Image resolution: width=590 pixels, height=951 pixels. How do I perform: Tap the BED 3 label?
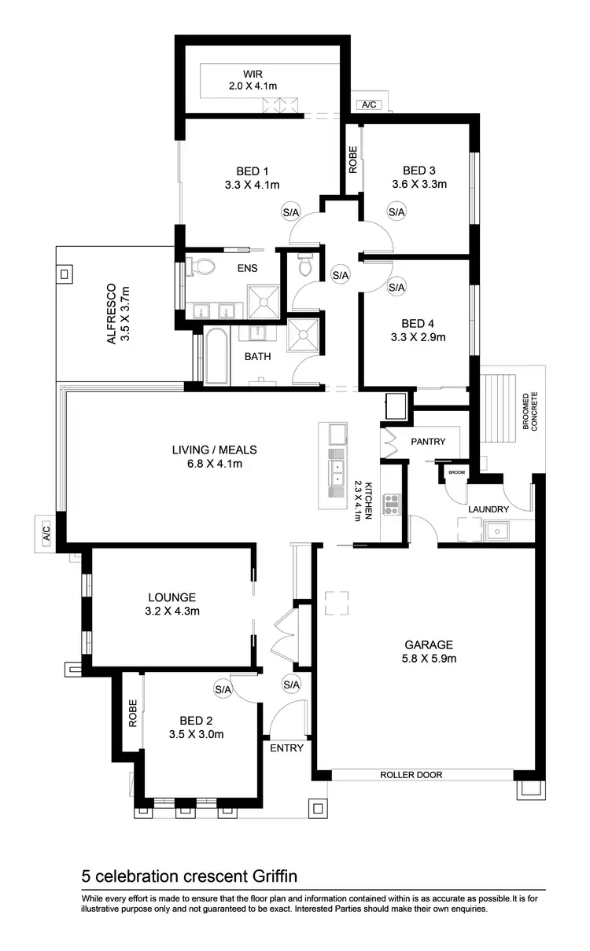[x=419, y=171]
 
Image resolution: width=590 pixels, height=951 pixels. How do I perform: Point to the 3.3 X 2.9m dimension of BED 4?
[x=418, y=337]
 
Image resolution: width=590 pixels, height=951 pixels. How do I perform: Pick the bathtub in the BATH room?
[x=216, y=357]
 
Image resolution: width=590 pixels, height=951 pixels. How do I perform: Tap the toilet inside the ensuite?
[x=204, y=266]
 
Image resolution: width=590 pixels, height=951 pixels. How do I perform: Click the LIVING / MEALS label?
[x=215, y=450]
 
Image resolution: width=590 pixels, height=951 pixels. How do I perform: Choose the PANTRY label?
[x=428, y=442]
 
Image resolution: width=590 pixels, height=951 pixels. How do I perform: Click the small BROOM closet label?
[x=455, y=472]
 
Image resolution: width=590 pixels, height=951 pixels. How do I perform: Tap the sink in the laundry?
[x=496, y=532]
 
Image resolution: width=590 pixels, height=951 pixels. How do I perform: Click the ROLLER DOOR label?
[x=411, y=775]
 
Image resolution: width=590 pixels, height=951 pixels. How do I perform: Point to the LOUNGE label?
[x=171, y=597]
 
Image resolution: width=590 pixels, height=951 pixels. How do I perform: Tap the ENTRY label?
[x=286, y=748]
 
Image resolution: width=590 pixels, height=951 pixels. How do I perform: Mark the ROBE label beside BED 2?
[x=134, y=713]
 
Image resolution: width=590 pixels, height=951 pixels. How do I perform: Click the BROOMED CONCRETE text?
[x=529, y=411]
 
